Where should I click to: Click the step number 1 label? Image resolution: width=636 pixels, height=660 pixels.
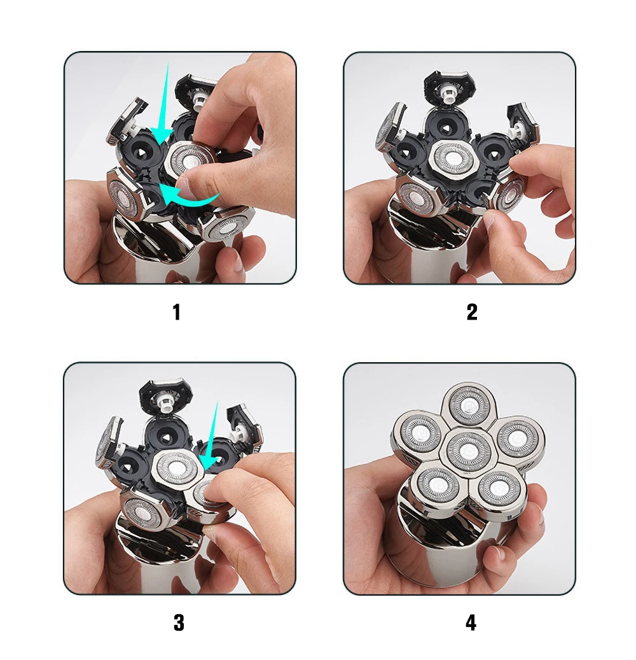click(x=177, y=312)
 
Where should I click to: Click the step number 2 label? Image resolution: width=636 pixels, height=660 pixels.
click(x=472, y=312)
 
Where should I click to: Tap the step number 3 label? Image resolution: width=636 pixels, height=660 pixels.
click(x=179, y=622)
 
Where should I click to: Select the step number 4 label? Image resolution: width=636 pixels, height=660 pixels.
click(x=471, y=622)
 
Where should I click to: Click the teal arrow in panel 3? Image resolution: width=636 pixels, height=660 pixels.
click(x=212, y=438)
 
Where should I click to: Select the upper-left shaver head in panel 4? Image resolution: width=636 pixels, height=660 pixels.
click(x=420, y=433)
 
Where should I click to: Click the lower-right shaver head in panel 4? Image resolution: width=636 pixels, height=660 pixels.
click(x=499, y=489)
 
